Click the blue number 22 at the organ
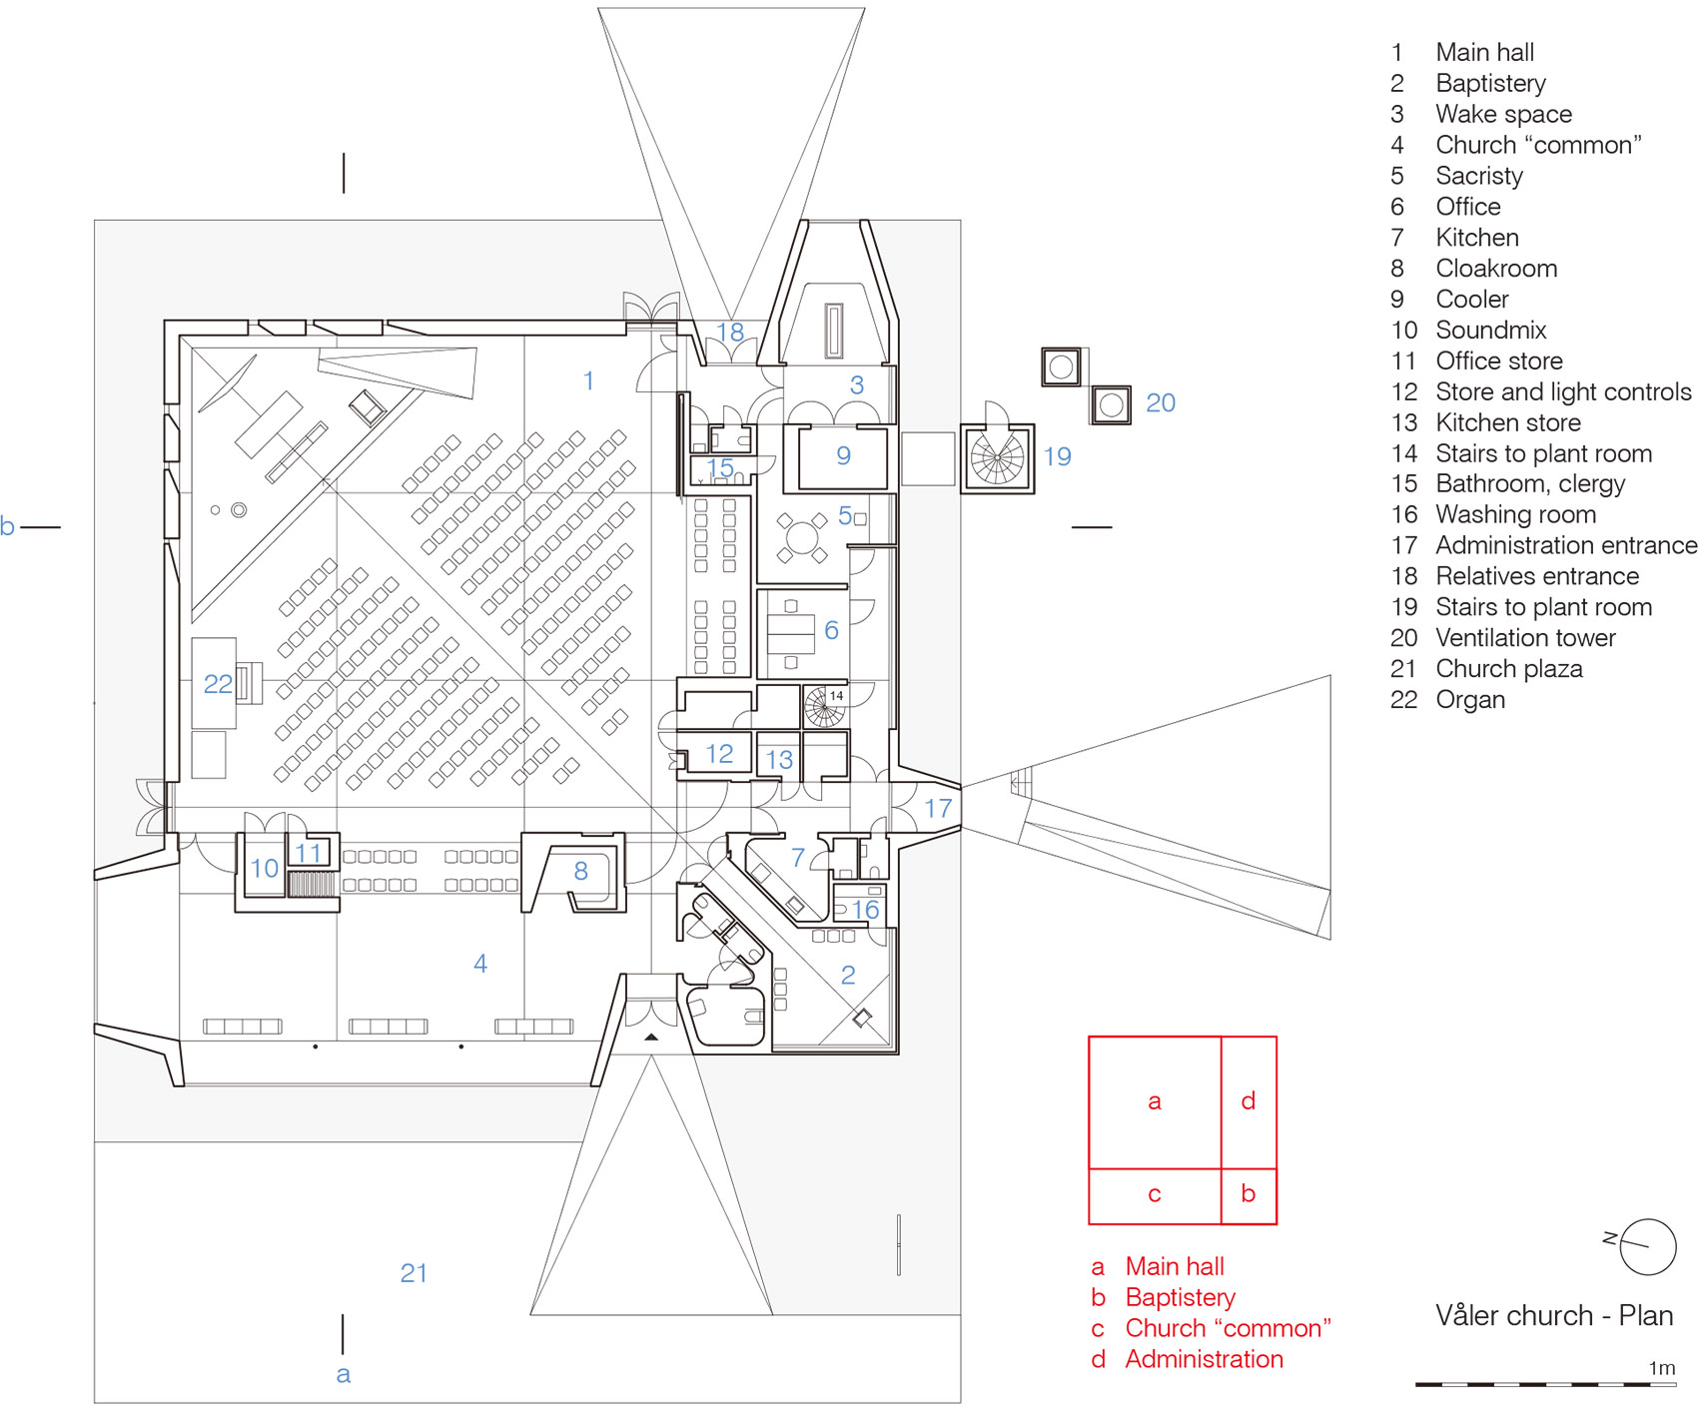[x=218, y=684]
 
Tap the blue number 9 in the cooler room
[x=843, y=456]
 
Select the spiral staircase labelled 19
[x=997, y=459]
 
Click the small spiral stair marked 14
[x=825, y=707]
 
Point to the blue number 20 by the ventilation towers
[x=1160, y=403]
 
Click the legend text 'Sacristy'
[x=1478, y=176]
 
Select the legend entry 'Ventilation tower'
[x=1524, y=638]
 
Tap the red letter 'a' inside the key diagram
[x=1154, y=1101]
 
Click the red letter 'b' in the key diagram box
[x=1248, y=1193]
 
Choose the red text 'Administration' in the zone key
[x=1204, y=1359]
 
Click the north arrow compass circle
[x=1647, y=1246]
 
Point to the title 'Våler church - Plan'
[x=1553, y=1315]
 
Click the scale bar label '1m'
[x=1661, y=1368]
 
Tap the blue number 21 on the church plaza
[x=414, y=1273]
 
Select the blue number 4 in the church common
[x=480, y=964]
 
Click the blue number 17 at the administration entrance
[x=937, y=808]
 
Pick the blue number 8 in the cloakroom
[x=580, y=871]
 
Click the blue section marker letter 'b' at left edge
[x=8, y=526]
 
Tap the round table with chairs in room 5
[x=801, y=537]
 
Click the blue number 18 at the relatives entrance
[x=730, y=332]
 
